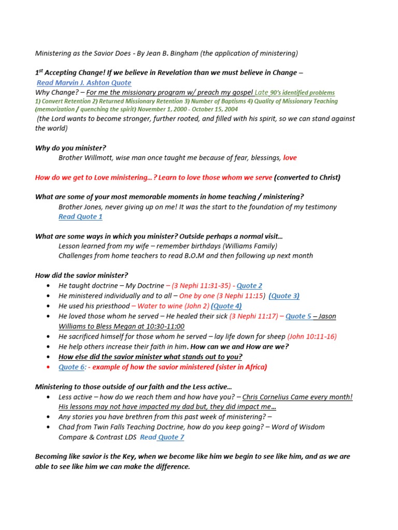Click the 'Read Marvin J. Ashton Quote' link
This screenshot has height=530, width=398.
click(x=84, y=83)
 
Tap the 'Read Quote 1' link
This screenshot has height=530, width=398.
click(x=80, y=217)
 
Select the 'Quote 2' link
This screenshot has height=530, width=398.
click(x=249, y=286)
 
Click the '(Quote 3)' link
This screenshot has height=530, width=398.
click(x=284, y=296)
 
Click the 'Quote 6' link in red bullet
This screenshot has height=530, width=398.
click(x=72, y=367)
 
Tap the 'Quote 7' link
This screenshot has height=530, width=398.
click(x=170, y=437)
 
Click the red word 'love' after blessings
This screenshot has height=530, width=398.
click(x=290, y=157)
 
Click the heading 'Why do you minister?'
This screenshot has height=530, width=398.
click(x=70, y=148)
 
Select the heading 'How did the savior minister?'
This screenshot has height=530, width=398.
click(x=81, y=275)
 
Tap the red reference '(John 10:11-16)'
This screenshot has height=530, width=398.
click(x=311, y=336)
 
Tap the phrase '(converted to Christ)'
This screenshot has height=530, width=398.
click(x=307, y=178)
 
